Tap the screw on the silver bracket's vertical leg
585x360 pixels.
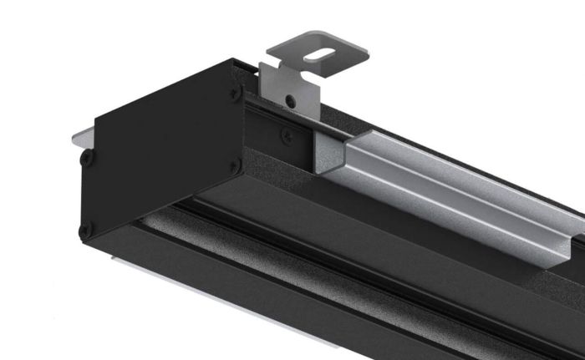click(x=289, y=100)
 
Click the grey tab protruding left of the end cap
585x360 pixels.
click(x=81, y=134)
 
